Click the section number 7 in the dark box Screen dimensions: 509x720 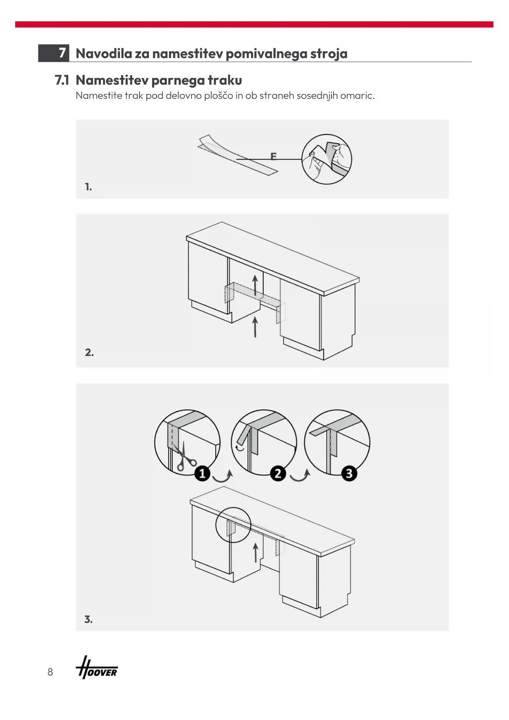tap(62, 53)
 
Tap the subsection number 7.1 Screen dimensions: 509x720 tap(62, 80)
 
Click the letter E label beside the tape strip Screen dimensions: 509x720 tap(274, 156)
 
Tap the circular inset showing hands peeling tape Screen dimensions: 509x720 tap(327, 159)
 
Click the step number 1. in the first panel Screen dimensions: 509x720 tap(88, 187)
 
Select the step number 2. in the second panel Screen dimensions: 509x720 tap(89, 352)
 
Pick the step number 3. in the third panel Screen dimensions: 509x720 tap(88, 619)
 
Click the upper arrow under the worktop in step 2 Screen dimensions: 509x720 tap(255, 285)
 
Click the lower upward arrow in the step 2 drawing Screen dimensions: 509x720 tap(255, 327)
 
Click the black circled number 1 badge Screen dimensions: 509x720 tap(202, 473)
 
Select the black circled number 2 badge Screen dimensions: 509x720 tap(278, 473)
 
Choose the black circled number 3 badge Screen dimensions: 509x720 tap(349, 473)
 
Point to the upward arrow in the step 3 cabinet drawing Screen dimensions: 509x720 tap(256, 553)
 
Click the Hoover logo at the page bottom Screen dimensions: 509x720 tap(97, 672)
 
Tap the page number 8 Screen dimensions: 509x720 tap(50, 672)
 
